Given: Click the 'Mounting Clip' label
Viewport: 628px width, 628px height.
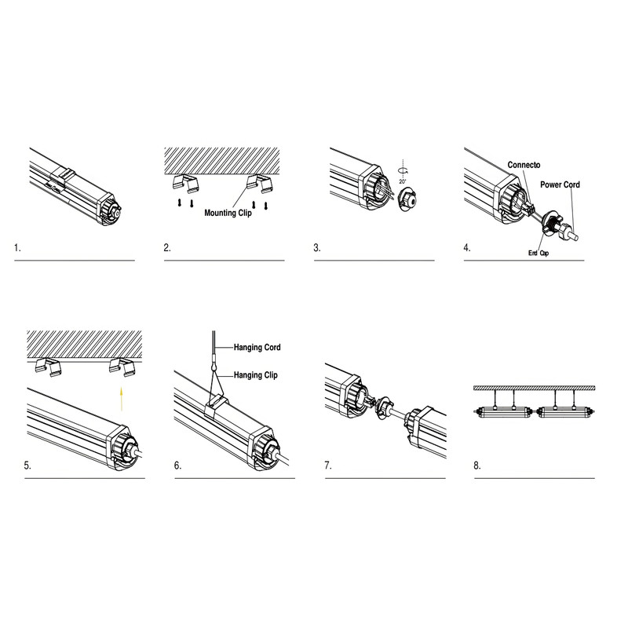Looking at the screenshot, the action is click(228, 213).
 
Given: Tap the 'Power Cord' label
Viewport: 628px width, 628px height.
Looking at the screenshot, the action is click(560, 184).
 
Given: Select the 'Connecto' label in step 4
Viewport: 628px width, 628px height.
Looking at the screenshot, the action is click(524, 165).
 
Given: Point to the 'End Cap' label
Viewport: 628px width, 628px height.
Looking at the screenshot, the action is click(539, 253).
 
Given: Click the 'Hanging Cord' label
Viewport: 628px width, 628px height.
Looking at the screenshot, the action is click(257, 347).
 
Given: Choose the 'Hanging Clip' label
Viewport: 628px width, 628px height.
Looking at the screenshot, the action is click(256, 375).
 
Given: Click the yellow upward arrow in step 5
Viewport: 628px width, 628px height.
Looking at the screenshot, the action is click(122, 399).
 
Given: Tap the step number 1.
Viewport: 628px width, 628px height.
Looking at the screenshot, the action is click(17, 248).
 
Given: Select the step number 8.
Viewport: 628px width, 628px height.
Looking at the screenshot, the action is click(477, 466).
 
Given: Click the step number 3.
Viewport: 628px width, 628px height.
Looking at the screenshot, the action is click(317, 248).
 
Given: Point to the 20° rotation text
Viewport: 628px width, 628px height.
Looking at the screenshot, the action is click(403, 181).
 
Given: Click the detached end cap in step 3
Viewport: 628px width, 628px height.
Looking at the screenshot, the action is click(407, 199).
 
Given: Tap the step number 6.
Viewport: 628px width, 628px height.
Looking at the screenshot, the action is click(177, 466).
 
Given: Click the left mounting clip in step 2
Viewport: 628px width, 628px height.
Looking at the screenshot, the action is click(185, 183).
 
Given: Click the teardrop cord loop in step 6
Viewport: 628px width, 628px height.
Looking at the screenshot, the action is click(213, 365).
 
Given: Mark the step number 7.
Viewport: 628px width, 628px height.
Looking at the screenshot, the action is click(328, 466).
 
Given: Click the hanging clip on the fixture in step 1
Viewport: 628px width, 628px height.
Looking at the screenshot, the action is click(64, 176).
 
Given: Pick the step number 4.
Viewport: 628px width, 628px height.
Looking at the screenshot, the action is click(467, 248).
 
